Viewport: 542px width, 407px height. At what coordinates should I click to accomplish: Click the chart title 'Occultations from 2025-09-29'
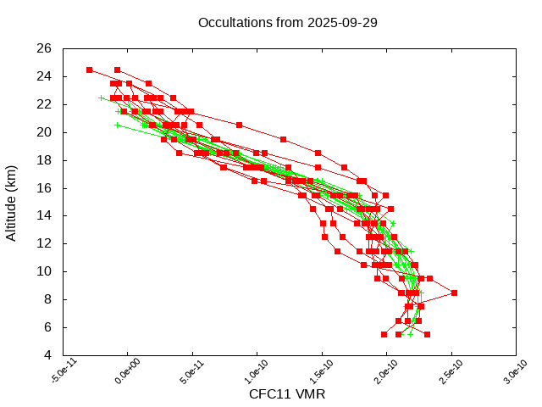pyautogui.click(x=287, y=22)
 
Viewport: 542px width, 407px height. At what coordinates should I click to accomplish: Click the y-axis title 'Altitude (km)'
pyautogui.click(x=12, y=202)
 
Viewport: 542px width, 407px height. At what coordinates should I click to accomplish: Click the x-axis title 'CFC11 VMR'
pyautogui.click(x=287, y=394)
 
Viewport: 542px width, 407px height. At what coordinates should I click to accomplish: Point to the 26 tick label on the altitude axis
pyautogui.click(x=45, y=48)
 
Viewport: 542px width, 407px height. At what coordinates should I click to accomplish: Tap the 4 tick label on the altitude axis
pyautogui.click(x=48, y=354)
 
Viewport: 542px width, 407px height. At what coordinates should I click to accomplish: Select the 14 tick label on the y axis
pyautogui.click(x=45, y=215)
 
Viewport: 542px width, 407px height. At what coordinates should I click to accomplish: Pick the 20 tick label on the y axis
pyautogui.click(x=45, y=132)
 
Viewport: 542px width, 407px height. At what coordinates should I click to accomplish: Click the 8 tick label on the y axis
pyautogui.click(x=48, y=299)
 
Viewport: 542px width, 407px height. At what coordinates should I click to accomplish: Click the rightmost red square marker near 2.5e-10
pyautogui.click(x=455, y=293)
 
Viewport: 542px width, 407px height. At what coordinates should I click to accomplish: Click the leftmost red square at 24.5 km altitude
pyautogui.click(x=89, y=70)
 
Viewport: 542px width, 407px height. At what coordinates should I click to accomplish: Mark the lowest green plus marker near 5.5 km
pyautogui.click(x=410, y=334)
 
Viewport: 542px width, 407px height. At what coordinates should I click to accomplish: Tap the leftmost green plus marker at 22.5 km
pyautogui.click(x=101, y=98)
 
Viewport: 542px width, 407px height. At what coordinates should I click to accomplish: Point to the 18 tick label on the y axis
pyautogui.click(x=45, y=160)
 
